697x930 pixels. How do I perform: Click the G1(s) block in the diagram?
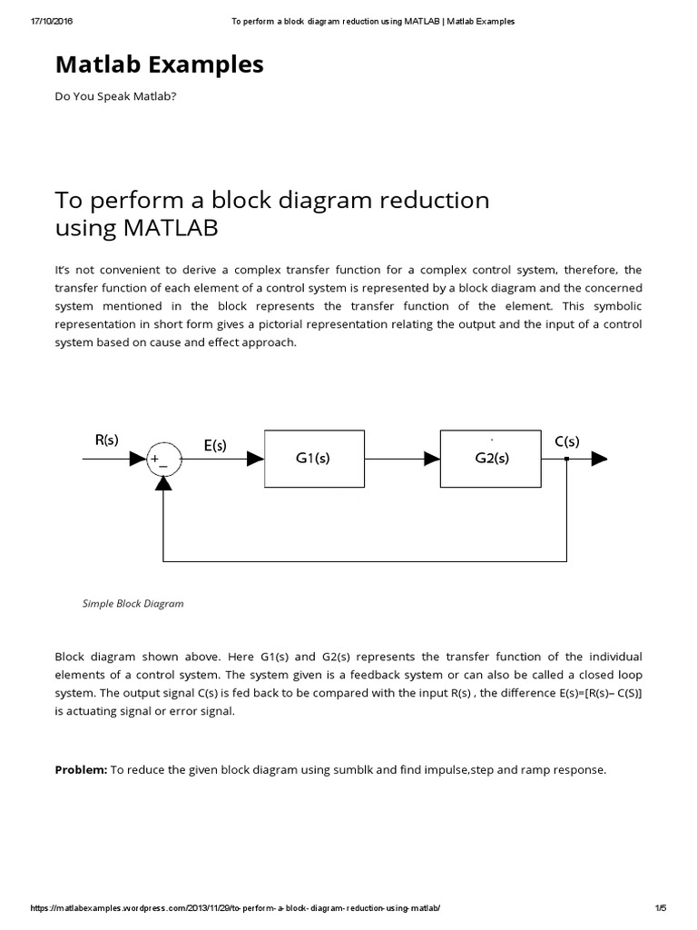[313, 459]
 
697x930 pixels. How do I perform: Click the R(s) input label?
[107, 440]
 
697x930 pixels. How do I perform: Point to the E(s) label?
[215, 445]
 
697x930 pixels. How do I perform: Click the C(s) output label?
[567, 441]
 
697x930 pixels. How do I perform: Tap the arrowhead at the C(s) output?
[599, 460]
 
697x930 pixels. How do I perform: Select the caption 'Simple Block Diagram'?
[133, 603]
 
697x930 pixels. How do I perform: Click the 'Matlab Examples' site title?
[159, 64]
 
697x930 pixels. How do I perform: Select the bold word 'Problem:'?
[81, 769]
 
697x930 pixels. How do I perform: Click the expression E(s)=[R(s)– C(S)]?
[574, 693]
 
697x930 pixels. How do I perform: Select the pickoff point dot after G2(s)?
[566, 460]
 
